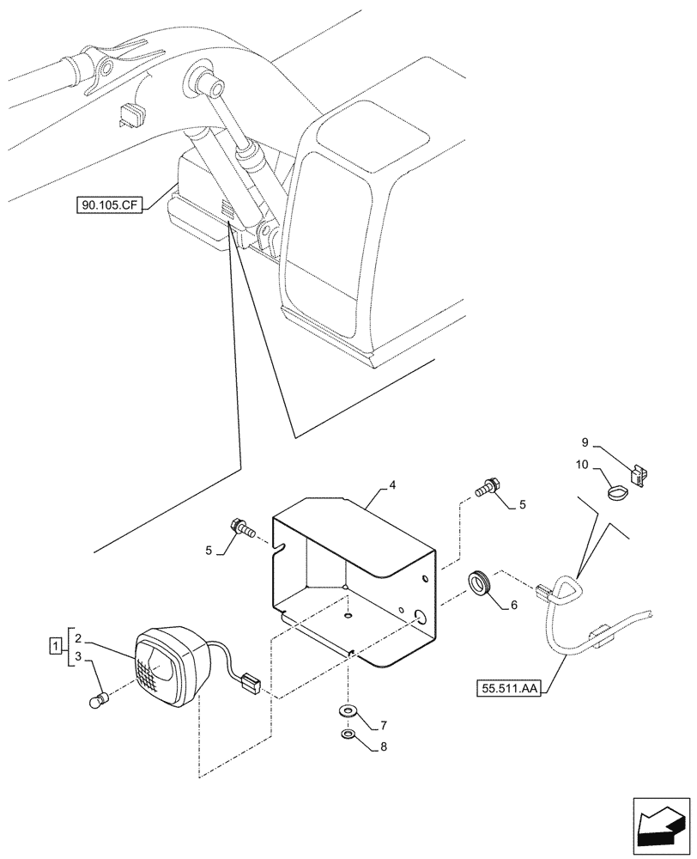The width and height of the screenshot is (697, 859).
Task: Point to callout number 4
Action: tap(391, 485)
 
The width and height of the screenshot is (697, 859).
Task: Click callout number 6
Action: tap(513, 605)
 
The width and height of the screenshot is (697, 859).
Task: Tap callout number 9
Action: tap(585, 442)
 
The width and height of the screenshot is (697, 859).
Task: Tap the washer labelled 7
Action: tap(348, 711)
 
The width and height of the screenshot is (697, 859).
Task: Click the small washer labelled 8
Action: tap(348, 735)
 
